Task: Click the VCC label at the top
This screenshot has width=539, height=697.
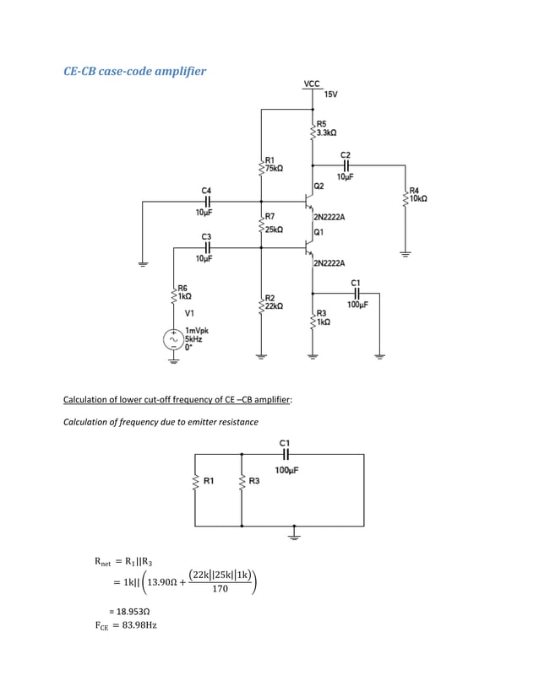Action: coord(312,84)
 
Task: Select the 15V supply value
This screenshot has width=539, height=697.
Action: coord(330,95)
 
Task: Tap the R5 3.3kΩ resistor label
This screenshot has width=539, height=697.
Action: coord(326,128)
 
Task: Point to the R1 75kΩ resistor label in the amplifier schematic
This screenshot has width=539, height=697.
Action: coord(274,164)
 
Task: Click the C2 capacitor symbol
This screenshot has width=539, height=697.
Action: coord(346,165)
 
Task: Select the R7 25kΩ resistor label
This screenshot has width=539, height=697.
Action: coord(274,224)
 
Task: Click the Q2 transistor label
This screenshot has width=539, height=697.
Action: coord(318,186)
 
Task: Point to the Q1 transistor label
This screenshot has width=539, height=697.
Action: coord(318,232)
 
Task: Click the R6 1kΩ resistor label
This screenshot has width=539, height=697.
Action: coord(184,293)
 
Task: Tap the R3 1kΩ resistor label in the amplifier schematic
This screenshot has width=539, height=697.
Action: coord(322,317)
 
